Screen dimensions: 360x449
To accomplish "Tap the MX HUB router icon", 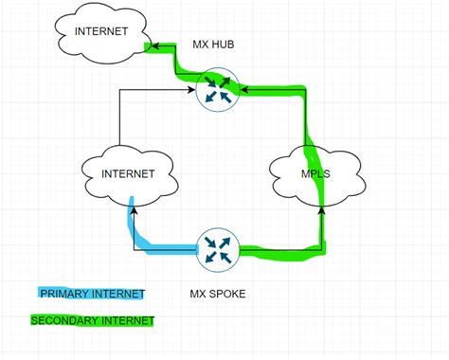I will pyautogui.click(x=218, y=91).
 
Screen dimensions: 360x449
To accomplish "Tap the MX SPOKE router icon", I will pyautogui.click(x=218, y=250).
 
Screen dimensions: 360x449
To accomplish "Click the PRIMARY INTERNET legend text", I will pyautogui.click(x=92, y=294).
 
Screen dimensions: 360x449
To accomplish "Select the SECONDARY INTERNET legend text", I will pyautogui.click(x=92, y=321).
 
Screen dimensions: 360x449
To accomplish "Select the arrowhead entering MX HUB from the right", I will pyautogui.click(x=243, y=91).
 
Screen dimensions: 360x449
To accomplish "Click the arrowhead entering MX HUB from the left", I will pyautogui.click(x=193, y=91).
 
